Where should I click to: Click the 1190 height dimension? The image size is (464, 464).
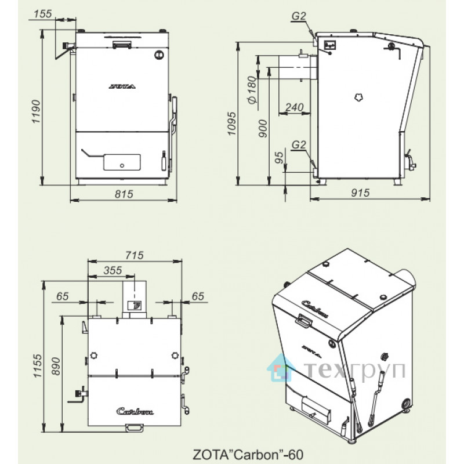(36, 111)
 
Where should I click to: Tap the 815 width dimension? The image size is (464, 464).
(124, 194)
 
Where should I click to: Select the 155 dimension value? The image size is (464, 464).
(42, 13)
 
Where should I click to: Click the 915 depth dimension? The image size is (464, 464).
(360, 193)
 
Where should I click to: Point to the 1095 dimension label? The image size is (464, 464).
(231, 124)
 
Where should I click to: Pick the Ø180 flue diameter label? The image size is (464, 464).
(252, 90)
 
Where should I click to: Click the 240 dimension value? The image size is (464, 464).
(295, 107)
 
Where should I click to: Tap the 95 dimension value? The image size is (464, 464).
(279, 157)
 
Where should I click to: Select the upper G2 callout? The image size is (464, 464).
(299, 16)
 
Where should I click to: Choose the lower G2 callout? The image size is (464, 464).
(299, 144)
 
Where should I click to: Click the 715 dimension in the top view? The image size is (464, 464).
(135, 255)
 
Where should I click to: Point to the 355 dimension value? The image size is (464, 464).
(113, 270)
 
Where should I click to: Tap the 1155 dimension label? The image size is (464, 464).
(38, 365)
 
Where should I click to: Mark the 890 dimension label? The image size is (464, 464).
(56, 367)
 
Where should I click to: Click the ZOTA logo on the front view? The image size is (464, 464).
(122, 86)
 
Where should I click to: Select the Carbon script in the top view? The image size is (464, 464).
(135, 411)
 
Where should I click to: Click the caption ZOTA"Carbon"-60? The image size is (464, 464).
(248, 454)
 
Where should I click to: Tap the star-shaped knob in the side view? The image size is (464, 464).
(359, 97)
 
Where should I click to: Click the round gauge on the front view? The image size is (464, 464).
(159, 55)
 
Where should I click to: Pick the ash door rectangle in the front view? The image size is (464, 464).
(122, 162)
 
